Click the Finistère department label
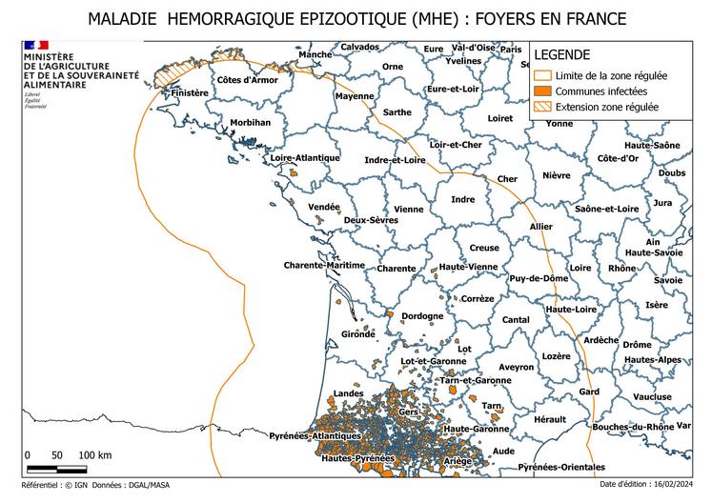click(x=189, y=92)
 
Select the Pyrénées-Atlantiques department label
click(x=315, y=435)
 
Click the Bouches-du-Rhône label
click(x=633, y=427)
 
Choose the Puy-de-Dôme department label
click(x=539, y=278)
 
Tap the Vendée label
click(x=324, y=206)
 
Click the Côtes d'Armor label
click(x=247, y=80)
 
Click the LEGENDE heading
click(x=561, y=55)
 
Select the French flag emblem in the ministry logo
click(x=35, y=46)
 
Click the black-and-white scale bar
click(x=56, y=469)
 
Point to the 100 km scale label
click(x=94, y=454)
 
